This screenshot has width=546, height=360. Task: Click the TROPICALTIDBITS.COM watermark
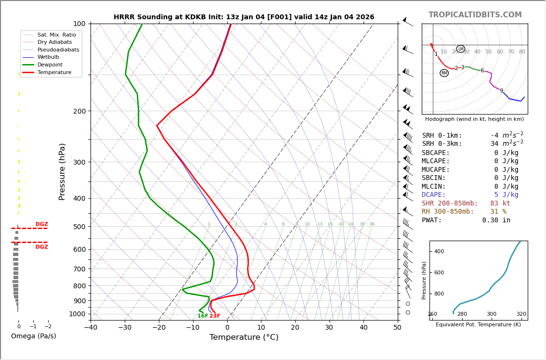475,15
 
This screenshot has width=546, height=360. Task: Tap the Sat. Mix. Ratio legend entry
56,35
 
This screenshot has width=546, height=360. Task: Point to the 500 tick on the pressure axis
79,227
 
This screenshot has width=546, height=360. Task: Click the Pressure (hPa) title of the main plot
62,171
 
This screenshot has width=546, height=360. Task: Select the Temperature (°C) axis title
244,337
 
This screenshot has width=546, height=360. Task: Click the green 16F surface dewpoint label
203,316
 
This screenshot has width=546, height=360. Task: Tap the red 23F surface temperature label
215,316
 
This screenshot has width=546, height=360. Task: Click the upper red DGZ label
41,224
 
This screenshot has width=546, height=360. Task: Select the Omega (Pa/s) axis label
33,336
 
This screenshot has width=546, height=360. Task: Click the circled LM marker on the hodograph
461,49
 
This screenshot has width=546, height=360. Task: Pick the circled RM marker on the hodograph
444,73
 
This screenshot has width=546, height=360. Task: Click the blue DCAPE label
434,195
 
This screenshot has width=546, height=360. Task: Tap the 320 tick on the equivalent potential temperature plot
521,314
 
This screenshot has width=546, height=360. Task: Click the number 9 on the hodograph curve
501,90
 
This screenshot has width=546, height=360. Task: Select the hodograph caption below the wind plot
474,119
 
